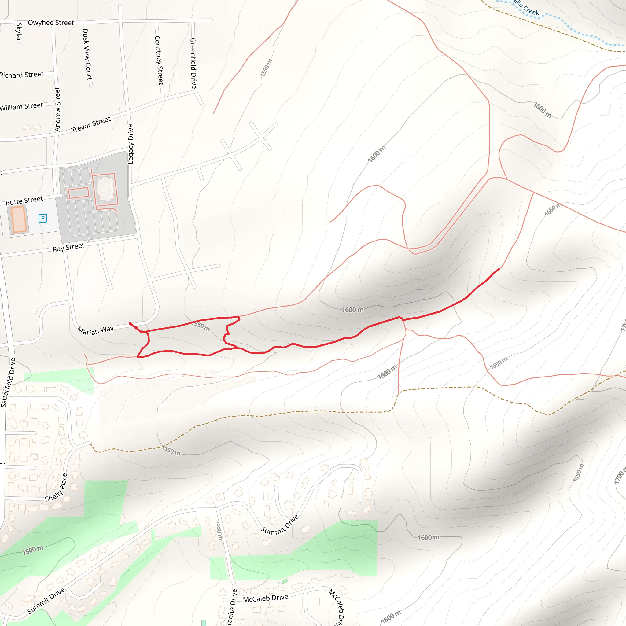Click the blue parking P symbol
coord(43,218)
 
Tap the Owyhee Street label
coord(51,23)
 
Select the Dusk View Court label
coord(87,54)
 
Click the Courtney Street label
coord(159,60)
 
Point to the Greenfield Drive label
coord(193,63)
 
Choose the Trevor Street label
coord(91,124)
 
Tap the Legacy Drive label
coord(131,144)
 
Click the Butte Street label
coord(24,201)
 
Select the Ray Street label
coord(68,248)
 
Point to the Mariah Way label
coord(96,330)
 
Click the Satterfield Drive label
coord(8,382)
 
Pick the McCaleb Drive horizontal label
coord(265,598)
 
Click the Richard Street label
coord(21,75)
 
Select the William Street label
coord(21,106)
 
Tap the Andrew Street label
coord(57,109)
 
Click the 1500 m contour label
coord(33,550)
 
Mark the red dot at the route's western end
coord(130,324)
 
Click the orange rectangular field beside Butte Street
coord(18,219)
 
